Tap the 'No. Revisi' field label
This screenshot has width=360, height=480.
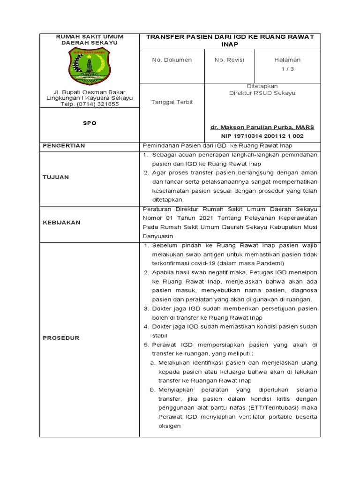229,60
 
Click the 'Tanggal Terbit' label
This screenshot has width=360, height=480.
172,102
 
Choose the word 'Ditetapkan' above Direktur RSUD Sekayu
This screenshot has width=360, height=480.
262,86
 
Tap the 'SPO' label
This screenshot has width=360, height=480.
90,123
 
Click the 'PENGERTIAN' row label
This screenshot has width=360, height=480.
64,146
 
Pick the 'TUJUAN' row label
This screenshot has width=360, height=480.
56,177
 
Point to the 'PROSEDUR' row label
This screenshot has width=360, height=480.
61,337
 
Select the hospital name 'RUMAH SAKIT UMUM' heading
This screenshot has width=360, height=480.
89,37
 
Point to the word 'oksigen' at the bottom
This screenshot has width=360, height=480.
169,426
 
